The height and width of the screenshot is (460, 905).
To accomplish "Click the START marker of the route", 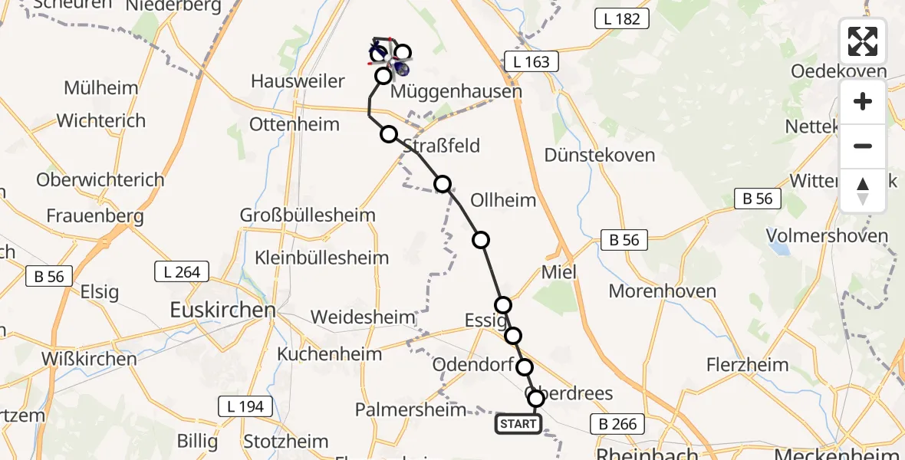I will click(518, 424).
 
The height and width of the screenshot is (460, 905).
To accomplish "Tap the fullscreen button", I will click(863, 41).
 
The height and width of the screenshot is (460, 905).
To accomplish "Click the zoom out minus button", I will click(863, 146).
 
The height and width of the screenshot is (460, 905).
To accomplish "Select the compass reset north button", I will click(863, 190).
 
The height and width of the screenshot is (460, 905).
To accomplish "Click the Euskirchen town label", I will click(222, 310).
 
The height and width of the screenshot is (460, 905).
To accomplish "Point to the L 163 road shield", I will click(531, 61).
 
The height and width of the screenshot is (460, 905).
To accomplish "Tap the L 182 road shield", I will click(621, 19).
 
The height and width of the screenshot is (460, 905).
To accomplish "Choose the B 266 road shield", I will click(618, 424).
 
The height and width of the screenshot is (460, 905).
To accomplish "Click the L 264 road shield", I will click(183, 271).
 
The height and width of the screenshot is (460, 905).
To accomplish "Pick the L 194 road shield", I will click(245, 406).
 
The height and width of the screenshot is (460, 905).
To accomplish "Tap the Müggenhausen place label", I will click(456, 92).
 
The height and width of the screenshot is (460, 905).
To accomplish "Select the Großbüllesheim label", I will click(308, 215).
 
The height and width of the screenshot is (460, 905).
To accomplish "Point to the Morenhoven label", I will click(663, 291).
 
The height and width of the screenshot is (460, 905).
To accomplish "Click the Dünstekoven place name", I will click(600, 155).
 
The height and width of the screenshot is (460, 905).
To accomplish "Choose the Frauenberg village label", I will click(95, 216).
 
